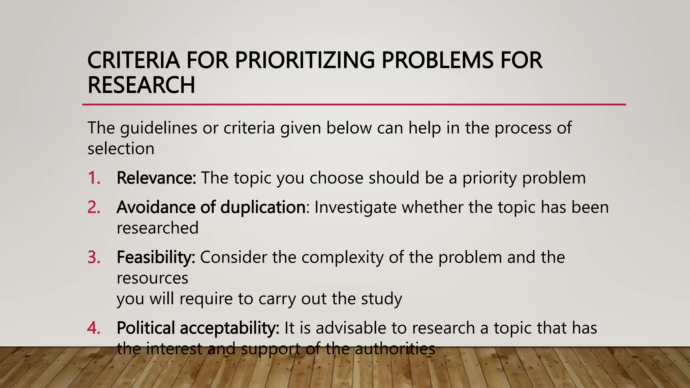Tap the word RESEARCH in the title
(x=141, y=85)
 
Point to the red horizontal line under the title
(x=354, y=105)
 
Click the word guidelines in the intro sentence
(x=158, y=128)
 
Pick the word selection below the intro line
(x=121, y=149)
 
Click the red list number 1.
(x=94, y=178)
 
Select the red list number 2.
(x=94, y=207)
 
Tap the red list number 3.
(x=94, y=257)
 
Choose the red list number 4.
(x=94, y=328)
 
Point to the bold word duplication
(x=263, y=207)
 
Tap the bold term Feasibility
(x=156, y=257)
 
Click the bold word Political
(x=146, y=328)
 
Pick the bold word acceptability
(x=229, y=328)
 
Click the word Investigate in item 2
(x=355, y=207)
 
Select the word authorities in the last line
(x=395, y=349)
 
